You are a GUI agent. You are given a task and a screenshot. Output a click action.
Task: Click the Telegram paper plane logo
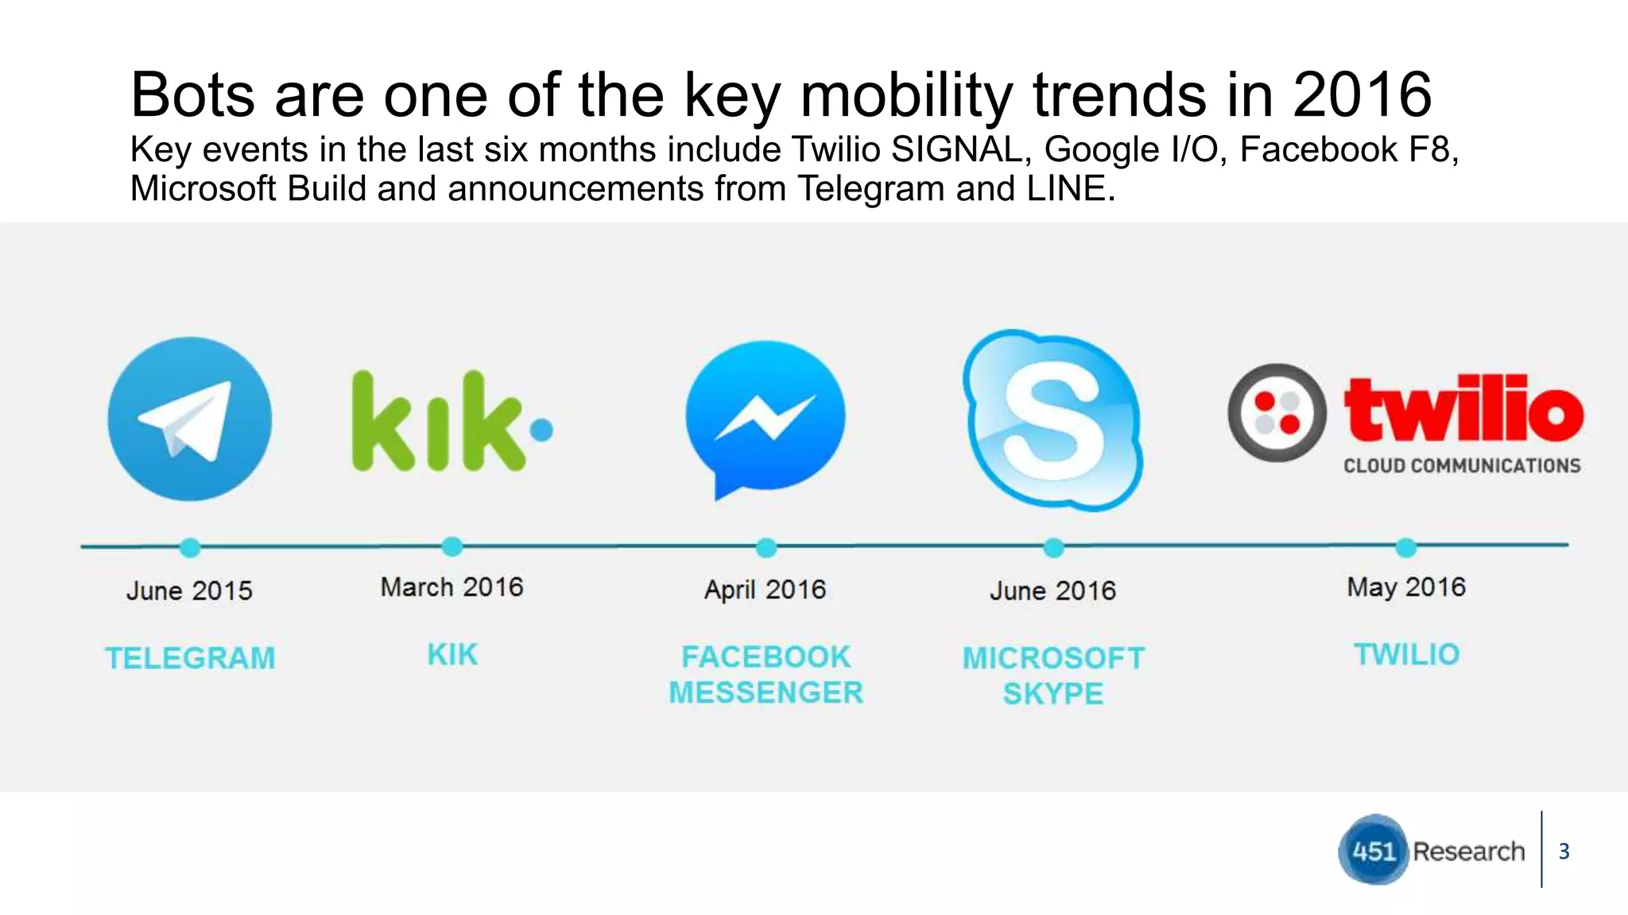point(190,419)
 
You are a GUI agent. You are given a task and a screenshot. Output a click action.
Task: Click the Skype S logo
point(1052,419)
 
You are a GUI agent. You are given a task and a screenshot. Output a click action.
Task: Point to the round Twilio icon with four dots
point(1277,413)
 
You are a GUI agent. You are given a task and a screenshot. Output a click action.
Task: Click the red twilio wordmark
point(1463,410)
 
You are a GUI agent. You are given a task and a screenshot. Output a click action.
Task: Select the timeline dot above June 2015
point(190,547)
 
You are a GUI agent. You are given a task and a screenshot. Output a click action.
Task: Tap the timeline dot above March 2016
point(452,546)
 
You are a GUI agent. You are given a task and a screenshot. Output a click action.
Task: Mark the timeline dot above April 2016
point(766,547)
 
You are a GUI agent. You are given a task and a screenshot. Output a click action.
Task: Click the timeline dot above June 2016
point(1053,547)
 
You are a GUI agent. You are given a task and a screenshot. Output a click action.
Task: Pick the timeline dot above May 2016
point(1405,547)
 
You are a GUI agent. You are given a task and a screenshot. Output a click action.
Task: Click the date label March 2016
point(452,587)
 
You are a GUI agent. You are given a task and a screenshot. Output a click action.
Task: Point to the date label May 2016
point(1405,587)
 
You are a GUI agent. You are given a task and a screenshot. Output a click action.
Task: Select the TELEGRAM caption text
point(190,658)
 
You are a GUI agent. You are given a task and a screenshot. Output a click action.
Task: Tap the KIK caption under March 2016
point(452,654)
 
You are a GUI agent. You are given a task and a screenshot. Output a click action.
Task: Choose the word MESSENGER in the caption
point(766,693)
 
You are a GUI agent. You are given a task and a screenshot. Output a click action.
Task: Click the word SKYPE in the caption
point(1052,694)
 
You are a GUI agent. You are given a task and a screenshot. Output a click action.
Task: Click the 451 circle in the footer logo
point(1374,851)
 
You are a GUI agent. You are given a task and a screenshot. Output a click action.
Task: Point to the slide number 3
point(1564,851)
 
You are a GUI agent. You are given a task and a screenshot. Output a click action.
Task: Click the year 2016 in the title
point(1361,95)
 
